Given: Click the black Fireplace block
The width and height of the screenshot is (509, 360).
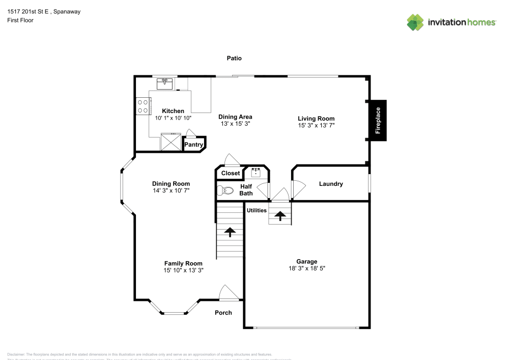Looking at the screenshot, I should coord(378,120).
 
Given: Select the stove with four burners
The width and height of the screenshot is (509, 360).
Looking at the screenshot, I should coord(143,106).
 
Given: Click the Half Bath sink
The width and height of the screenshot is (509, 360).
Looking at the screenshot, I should coord(256,173).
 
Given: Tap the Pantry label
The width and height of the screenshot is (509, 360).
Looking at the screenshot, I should coord(193,145).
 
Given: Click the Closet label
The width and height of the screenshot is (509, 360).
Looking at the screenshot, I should coord(231,173).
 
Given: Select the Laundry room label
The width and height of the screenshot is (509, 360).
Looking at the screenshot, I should coord(331,184).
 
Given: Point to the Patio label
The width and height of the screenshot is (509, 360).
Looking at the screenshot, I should coord(234,59).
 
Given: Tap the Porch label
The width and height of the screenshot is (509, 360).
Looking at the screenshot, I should coord(223,313).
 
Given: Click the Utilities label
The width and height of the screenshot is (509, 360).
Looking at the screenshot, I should coord(257,210).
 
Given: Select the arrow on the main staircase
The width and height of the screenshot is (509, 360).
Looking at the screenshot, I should coord(230,232).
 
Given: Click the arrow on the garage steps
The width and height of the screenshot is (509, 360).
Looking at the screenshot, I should coord(279,215).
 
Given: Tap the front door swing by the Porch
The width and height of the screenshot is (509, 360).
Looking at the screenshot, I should coord(227,293).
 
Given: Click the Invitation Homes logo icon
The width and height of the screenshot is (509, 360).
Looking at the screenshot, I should coord(415,22).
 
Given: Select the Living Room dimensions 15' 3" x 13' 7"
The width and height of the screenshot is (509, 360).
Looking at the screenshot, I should coord(316,125).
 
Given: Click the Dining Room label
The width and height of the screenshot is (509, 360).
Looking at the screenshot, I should coord(171,184).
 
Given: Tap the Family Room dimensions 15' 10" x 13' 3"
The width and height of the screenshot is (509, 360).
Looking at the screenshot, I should coord(183,270).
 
